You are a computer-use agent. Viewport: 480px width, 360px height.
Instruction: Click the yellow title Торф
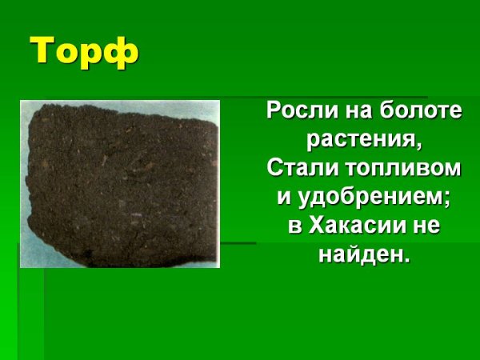pos(85,52)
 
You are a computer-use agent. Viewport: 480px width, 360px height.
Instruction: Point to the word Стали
pos(295,168)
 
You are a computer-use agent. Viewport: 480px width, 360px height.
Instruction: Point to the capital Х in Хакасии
pos(315,226)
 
